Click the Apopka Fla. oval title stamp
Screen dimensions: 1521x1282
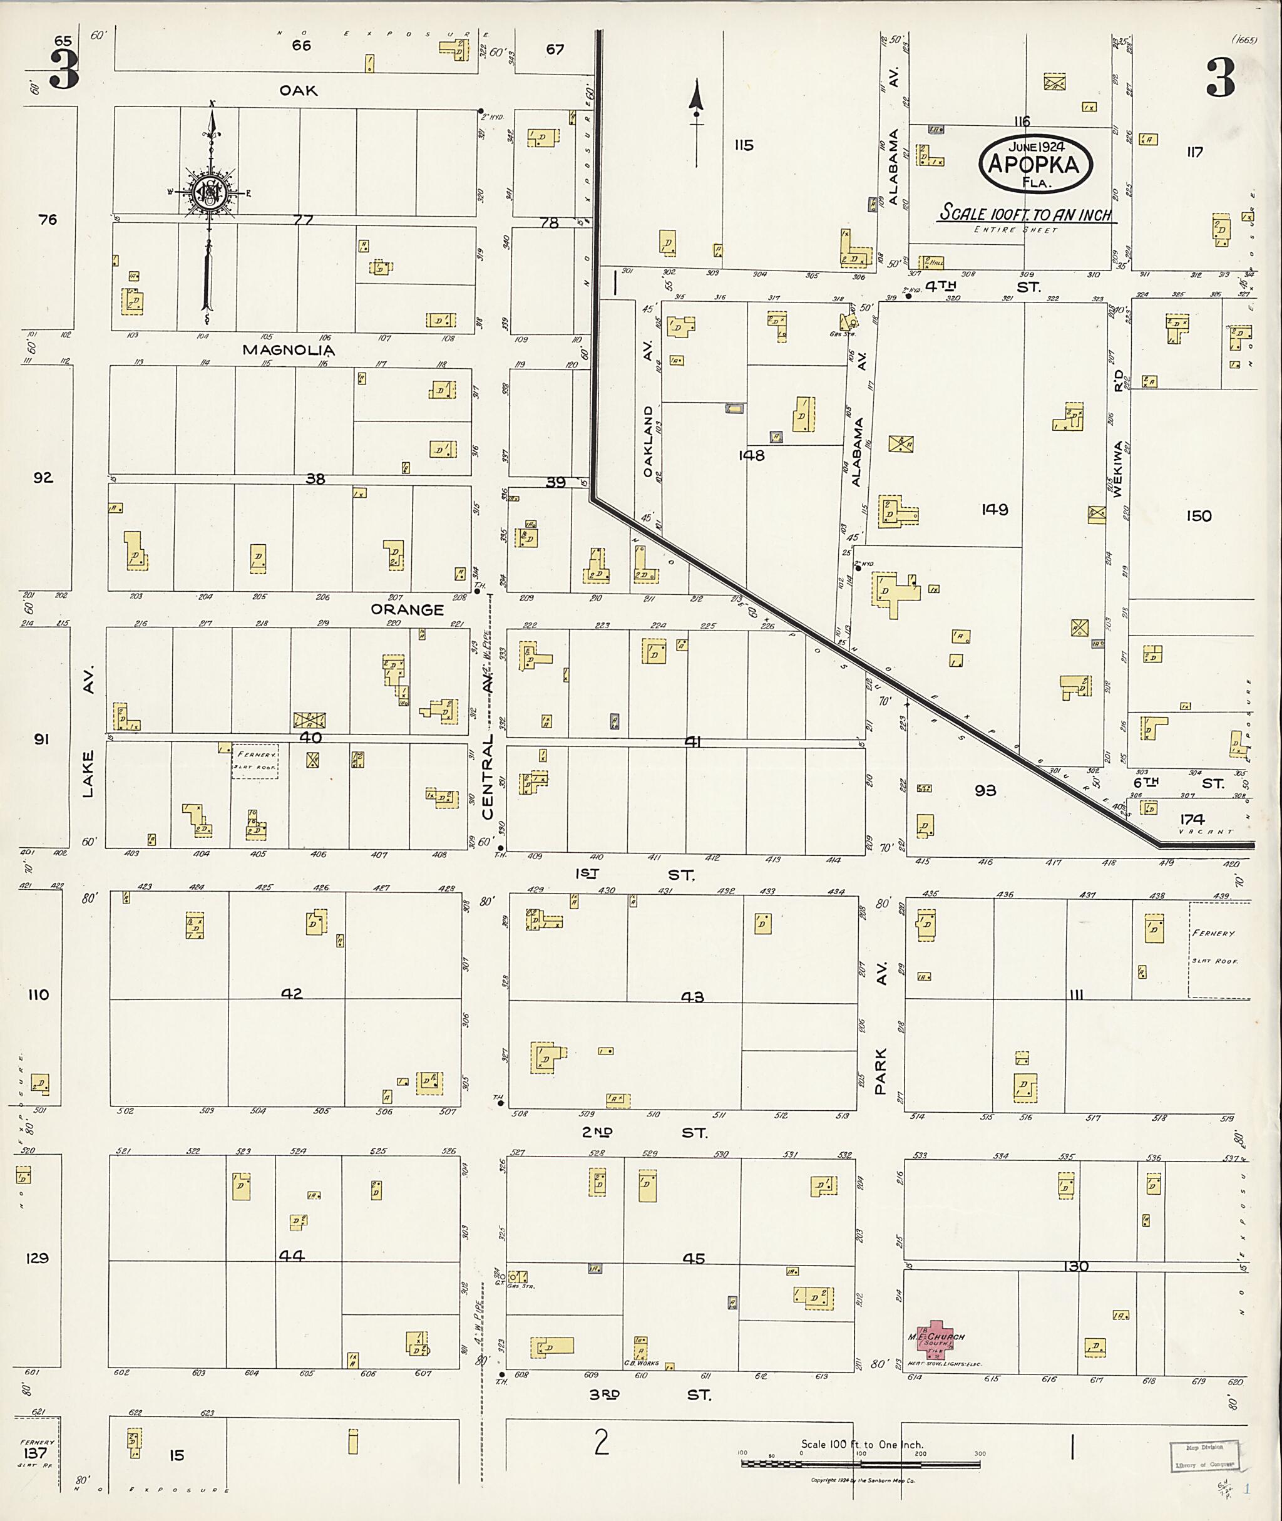tap(1037, 164)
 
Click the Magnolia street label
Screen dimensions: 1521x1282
tap(289, 349)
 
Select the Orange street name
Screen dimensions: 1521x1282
tap(407, 609)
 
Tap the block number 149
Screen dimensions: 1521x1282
tap(994, 510)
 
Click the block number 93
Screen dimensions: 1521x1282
tap(985, 790)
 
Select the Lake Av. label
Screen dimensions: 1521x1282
tap(88, 735)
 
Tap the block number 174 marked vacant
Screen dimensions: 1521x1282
tap(1192, 818)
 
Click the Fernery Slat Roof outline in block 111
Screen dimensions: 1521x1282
tap(1218, 949)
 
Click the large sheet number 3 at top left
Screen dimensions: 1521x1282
tap(64, 71)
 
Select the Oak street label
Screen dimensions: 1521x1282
tap(299, 90)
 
